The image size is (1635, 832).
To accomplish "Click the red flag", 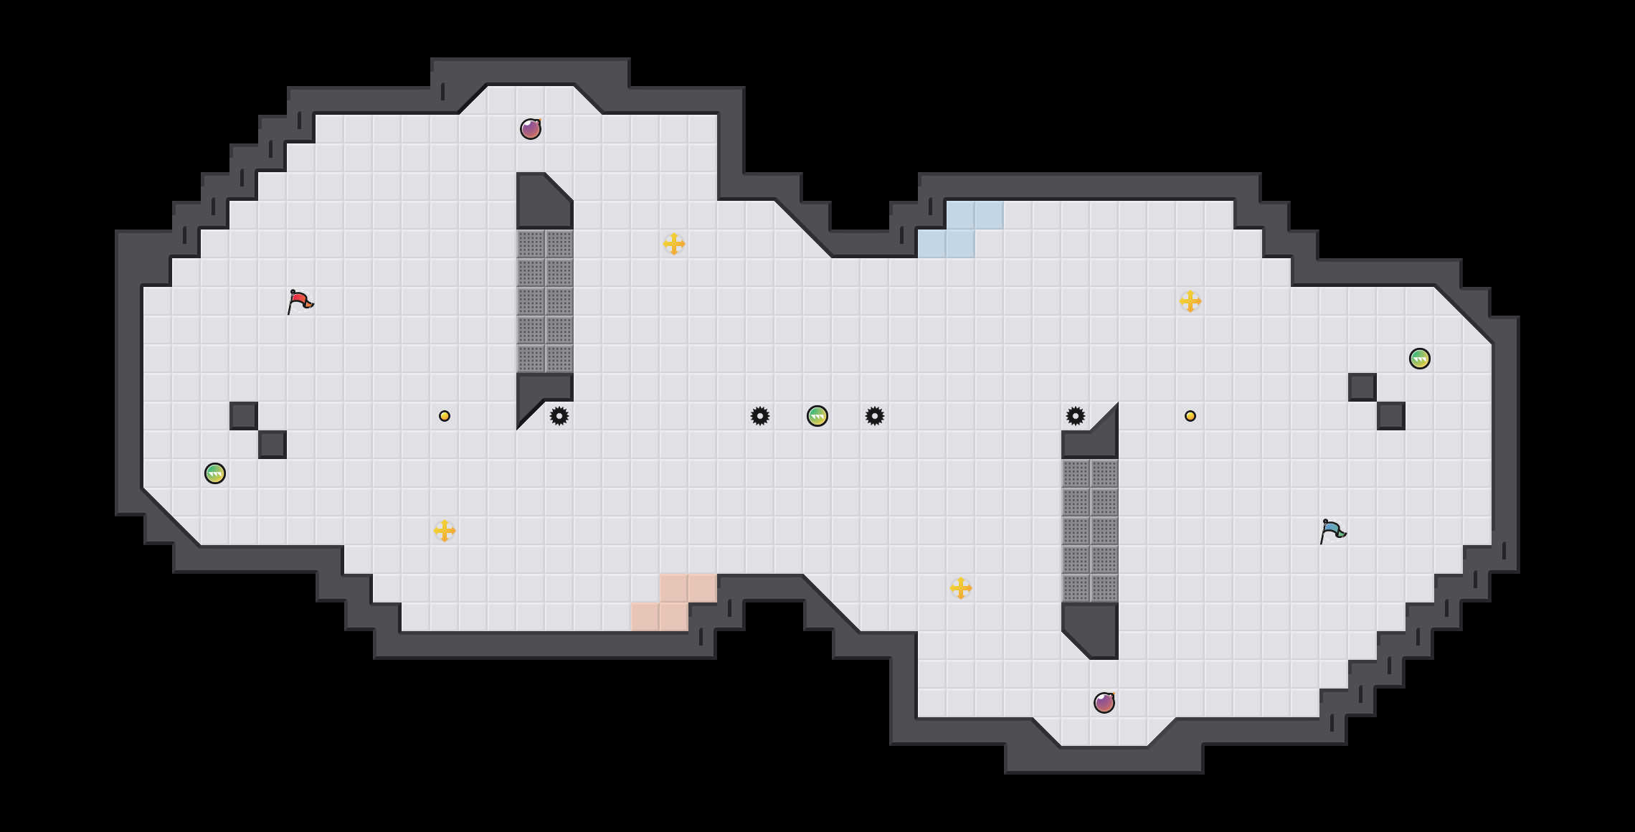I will [x=300, y=302].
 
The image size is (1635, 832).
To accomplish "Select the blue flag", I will [x=1332, y=531].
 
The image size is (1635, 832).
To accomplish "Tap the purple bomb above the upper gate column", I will [x=531, y=129].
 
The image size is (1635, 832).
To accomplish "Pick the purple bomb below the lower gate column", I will [x=1104, y=703].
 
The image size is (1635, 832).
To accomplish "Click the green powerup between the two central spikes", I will [x=817, y=416].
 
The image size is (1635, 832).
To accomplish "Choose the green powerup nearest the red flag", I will [x=215, y=473].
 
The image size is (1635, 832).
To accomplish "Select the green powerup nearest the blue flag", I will [x=1420, y=359].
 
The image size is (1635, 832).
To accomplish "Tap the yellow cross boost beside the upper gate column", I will [x=674, y=244].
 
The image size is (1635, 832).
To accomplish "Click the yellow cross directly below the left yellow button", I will [x=445, y=531].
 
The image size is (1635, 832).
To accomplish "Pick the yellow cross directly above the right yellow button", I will [x=1190, y=301].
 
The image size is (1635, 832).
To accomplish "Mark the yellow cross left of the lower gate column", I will [x=961, y=588].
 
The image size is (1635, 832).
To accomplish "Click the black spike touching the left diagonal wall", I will [x=559, y=416].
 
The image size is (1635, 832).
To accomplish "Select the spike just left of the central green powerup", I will [x=760, y=416].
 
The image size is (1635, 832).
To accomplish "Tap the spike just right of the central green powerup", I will [x=875, y=416].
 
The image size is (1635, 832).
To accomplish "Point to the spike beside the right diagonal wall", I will [x=1076, y=416].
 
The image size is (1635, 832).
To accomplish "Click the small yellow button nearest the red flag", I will [x=445, y=416].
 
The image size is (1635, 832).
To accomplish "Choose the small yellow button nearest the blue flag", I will [x=1190, y=416].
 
